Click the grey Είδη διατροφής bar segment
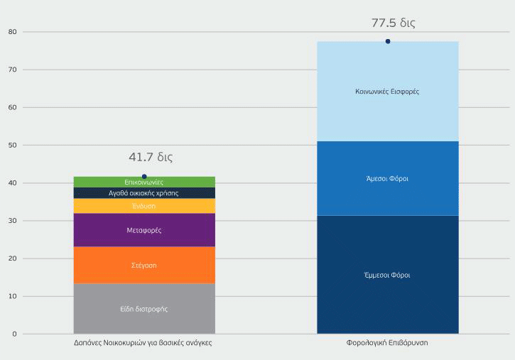coord(144,309)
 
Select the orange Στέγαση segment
coord(144,265)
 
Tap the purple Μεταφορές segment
coord(144,230)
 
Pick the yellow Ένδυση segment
coord(144,206)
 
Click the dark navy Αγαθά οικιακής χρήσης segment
coord(144,193)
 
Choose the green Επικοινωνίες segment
coord(144,182)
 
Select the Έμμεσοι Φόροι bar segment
coord(387,274)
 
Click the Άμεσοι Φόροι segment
coord(387,178)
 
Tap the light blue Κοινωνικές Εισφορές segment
coord(387,92)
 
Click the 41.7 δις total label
coord(150,157)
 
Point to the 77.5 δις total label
coord(393,23)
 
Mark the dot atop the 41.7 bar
coord(144,176)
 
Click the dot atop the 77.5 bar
coord(388,41)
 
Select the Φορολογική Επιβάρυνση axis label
coord(387,342)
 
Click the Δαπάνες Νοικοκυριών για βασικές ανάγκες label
coord(143,342)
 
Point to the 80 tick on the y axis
coord(12,32)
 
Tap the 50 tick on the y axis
coord(12,145)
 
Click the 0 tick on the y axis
coord(14,334)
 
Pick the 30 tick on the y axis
coord(12,221)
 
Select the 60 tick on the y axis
coord(12,107)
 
